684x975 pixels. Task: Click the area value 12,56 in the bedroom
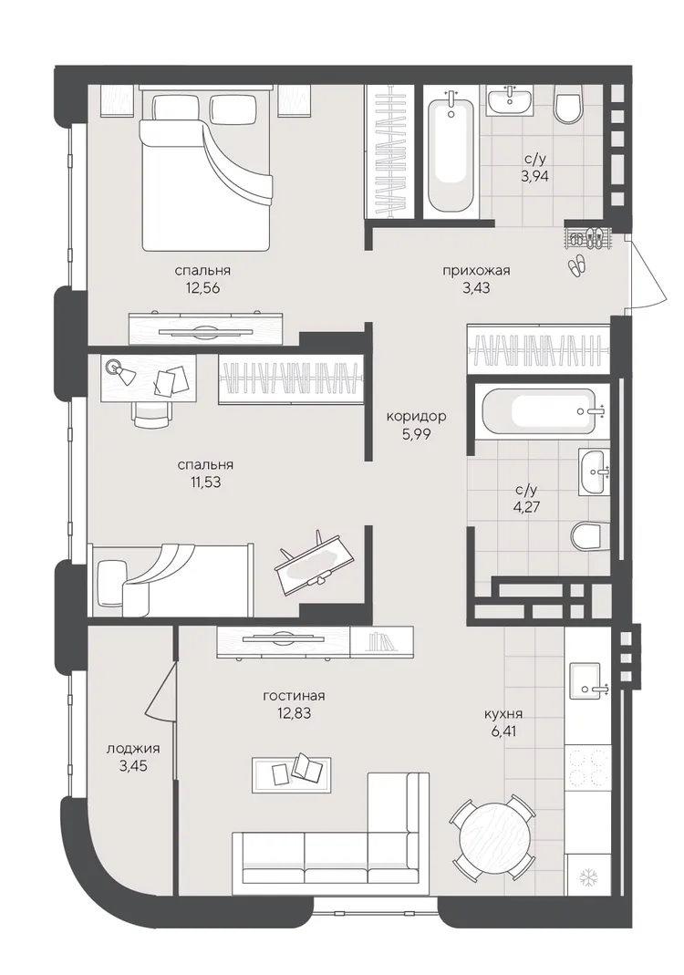(202, 288)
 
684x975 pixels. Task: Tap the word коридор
(416, 416)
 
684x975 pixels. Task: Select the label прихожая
(476, 271)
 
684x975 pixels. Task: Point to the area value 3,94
(534, 176)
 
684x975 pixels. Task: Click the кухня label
(503, 714)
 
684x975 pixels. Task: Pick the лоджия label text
(133, 749)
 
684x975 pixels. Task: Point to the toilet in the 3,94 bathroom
(567, 105)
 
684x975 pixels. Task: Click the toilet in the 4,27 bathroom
(588, 536)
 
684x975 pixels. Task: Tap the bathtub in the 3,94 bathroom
(451, 151)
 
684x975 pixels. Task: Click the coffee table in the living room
(290, 774)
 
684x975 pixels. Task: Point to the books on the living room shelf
(379, 642)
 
